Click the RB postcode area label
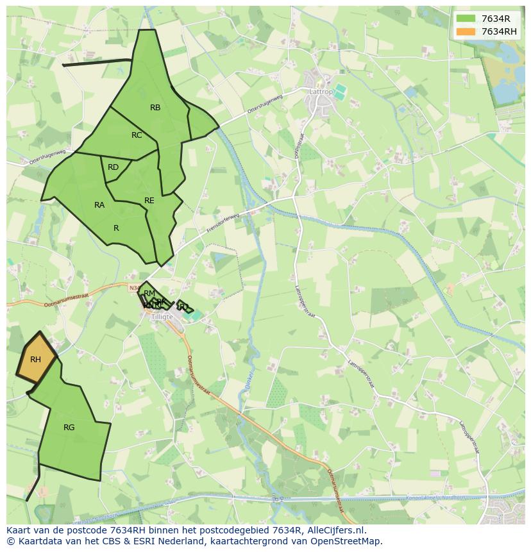tap(155, 108)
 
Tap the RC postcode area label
tap(137, 135)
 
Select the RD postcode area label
tap(113, 167)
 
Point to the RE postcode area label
tap(149, 201)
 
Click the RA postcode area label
tap(99, 205)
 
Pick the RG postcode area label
tap(69, 428)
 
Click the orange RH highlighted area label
tap(35, 360)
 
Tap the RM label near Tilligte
tap(149, 294)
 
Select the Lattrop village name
tap(321, 92)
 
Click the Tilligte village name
tap(163, 317)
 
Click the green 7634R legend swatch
tap(466, 19)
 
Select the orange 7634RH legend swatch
tap(466, 31)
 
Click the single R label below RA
tap(116, 228)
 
